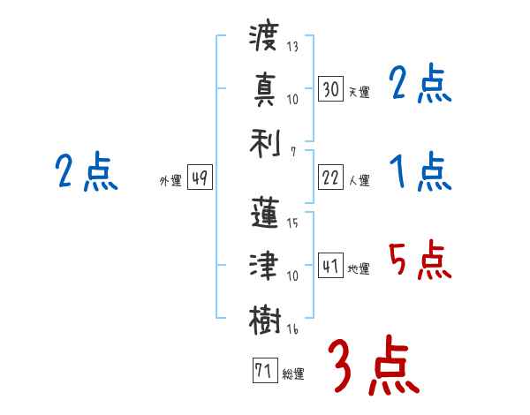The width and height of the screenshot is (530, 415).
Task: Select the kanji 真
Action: [264, 88]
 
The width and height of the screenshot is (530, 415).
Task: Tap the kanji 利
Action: [264, 140]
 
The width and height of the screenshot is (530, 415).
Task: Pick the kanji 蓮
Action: [264, 212]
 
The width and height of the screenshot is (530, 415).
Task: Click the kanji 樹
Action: [264, 319]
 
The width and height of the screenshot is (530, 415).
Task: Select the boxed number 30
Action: [330, 88]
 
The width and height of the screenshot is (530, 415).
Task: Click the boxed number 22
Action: [330, 177]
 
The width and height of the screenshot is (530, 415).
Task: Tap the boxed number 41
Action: [330, 266]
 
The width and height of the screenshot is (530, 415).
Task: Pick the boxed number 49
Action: [199, 177]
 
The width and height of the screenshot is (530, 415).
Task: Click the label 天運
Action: [360, 92]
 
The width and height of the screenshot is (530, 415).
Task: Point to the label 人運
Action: [360, 180]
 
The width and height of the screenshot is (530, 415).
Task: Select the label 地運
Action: [360, 268]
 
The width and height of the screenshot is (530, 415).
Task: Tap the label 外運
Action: [170, 180]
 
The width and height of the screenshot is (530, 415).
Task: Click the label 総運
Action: [293, 373]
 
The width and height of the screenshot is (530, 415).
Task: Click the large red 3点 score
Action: [372, 366]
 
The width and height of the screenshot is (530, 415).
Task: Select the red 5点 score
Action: [420, 260]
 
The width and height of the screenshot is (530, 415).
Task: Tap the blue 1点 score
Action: [420, 171]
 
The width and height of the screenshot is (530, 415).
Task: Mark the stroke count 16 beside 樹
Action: [292, 329]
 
